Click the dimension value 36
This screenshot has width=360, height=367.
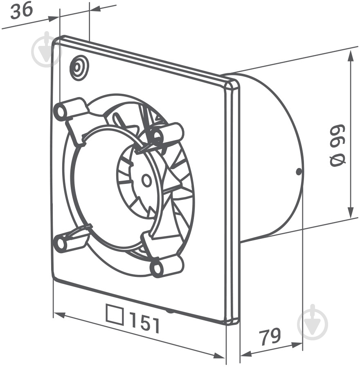click(x=21, y=11)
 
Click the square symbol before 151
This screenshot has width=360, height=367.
click(x=115, y=314)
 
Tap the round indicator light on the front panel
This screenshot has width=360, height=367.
click(x=79, y=68)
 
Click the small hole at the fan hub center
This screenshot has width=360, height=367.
click(x=146, y=180)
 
